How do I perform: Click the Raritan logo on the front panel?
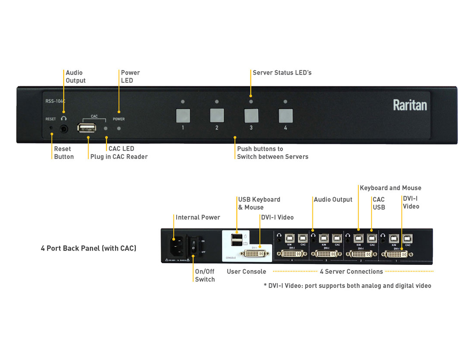pyautogui.click(x=410, y=105)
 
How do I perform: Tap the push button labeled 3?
pyautogui.click(x=251, y=116)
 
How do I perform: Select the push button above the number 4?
pyautogui.click(x=285, y=116)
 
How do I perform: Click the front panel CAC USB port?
pyautogui.click(x=87, y=128)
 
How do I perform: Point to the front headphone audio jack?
pyautogui.click(x=64, y=129)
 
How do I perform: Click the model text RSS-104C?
pyautogui.click(x=55, y=101)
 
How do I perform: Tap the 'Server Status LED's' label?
pyautogui.click(x=282, y=73)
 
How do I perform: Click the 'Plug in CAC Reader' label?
pyautogui.click(x=119, y=157)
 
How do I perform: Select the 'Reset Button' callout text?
pyautogui.click(x=63, y=153)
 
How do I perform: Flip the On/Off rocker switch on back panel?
pyautogui.click(x=194, y=246)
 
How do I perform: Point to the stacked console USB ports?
pyautogui.click(x=237, y=240)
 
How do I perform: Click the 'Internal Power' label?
pyautogui.click(x=197, y=217)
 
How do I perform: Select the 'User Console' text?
pyautogui.click(x=246, y=271)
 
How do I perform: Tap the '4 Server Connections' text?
pyautogui.click(x=351, y=271)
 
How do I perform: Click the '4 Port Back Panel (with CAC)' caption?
pyautogui.click(x=89, y=248)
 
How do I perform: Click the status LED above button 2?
pyautogui.click(x=217, y=102)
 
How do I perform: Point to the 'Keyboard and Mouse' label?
pyautogui.click(x=391, y=188)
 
